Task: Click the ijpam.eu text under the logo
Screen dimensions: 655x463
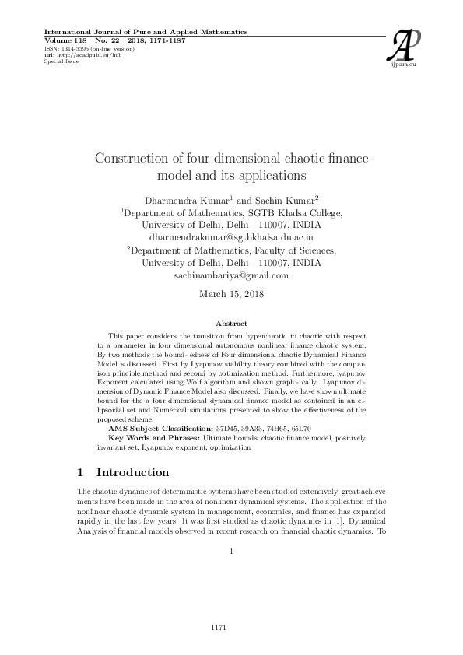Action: [x=408, y=66]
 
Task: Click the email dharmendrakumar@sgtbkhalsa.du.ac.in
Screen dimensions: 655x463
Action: [x=231, y=236]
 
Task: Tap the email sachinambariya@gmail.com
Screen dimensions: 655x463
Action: [x=231, y=275]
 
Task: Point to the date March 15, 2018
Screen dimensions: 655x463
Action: [x=231, y=294]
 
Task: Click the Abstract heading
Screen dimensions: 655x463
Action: [x=231, y=324]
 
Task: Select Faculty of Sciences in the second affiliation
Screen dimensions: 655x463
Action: [x=293, y=250]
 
